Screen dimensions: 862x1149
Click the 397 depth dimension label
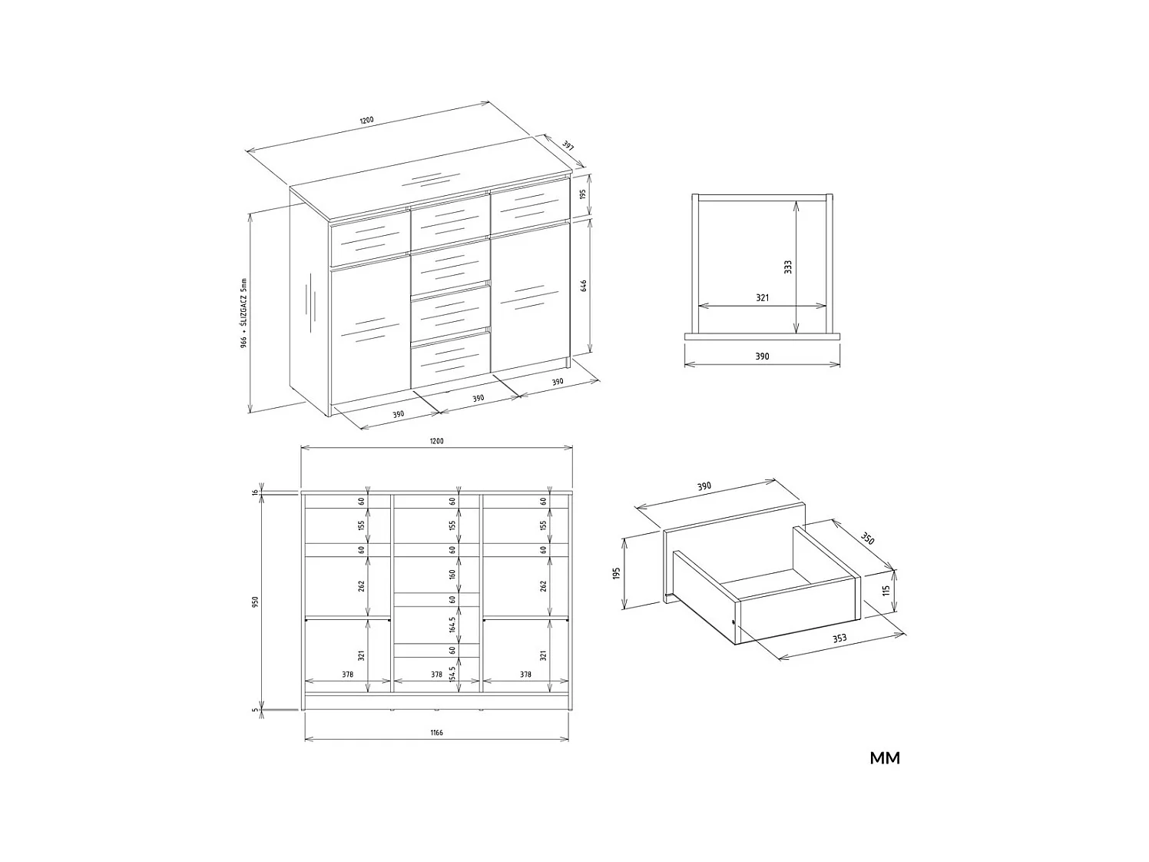568,145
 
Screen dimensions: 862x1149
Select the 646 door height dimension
584,286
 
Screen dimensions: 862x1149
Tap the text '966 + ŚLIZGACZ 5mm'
243,313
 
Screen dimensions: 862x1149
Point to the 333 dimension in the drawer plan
788,267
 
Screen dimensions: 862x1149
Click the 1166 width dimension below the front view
436,733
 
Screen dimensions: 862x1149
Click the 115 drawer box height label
886,591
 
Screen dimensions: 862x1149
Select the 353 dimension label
839,638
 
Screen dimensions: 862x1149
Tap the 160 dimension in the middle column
452,573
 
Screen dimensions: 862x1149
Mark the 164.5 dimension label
452,625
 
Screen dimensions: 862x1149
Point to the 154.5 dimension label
452,674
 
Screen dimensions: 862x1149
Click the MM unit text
885,758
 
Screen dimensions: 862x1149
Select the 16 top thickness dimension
255,492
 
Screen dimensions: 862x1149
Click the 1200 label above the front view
436,441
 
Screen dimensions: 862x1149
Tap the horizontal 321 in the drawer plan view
762,297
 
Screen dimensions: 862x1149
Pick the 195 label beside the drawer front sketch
616,573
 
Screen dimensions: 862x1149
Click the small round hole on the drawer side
734,622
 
